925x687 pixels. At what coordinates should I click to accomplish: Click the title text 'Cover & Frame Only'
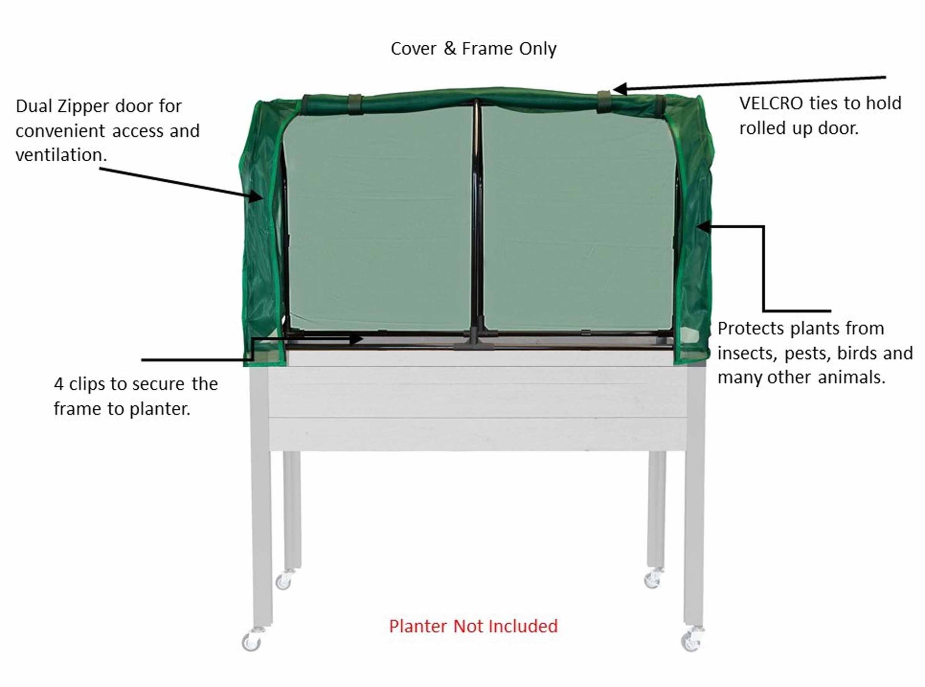pos(473,49)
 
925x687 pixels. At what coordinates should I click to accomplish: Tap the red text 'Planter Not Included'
pos(473,626)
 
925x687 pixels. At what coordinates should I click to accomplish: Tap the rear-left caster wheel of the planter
pos(283,580)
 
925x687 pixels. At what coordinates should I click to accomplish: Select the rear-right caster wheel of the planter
pos(652,579)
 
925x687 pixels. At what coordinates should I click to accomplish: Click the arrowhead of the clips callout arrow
pos(357,339)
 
